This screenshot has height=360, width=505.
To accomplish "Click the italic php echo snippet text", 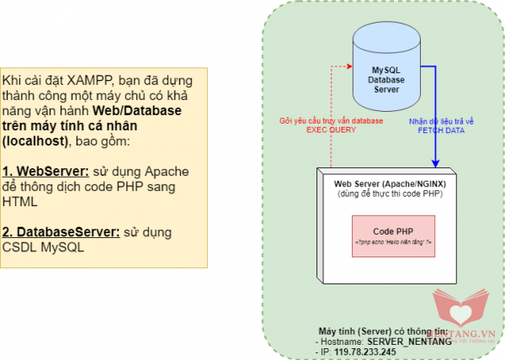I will pyautogui.click(x=393, y=242).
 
